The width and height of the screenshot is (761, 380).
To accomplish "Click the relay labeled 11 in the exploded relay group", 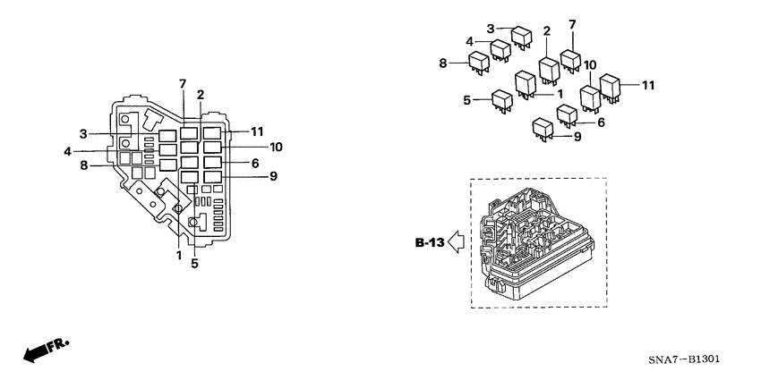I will [611, 87].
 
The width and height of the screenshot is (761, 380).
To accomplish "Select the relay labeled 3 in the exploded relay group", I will [522, 36].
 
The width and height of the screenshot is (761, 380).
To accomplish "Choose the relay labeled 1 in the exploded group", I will [526, 83].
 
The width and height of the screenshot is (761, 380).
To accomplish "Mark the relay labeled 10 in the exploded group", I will [589, 96].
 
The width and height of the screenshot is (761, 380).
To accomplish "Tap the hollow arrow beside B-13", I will [457, 241].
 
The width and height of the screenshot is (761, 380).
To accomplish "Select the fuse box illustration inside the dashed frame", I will [534, 244].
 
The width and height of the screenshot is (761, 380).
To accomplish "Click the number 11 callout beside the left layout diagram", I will [257, 131].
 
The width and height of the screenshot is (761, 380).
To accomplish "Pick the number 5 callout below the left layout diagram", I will [194, 264].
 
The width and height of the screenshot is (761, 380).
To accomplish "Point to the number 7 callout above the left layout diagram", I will [182, 84].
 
